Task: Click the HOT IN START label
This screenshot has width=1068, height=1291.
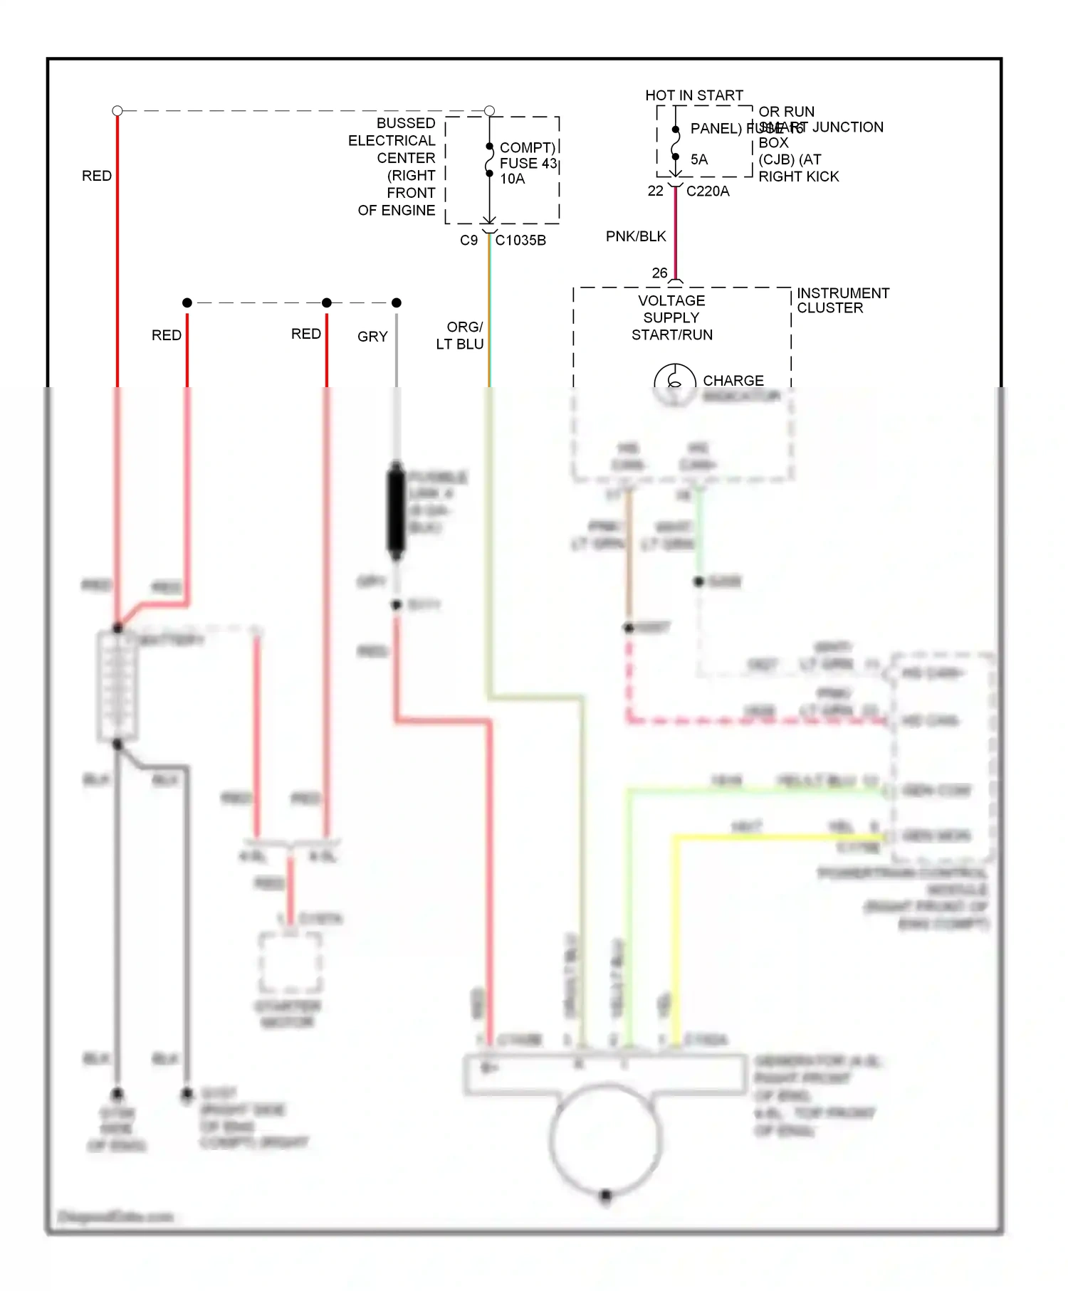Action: point(693,95)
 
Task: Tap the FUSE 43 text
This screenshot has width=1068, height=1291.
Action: point(528,163)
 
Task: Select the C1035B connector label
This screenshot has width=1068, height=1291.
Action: point(520,241)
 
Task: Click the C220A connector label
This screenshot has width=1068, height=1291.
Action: point(707,191)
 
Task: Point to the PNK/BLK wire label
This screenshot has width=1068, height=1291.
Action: point(635,236)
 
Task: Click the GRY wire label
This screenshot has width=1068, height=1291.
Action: point(372,337)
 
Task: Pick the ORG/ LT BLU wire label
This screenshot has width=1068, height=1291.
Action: point(461,335)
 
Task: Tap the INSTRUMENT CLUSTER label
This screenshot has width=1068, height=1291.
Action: point(842,300)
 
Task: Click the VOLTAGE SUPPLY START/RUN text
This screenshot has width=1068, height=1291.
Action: point(671,317)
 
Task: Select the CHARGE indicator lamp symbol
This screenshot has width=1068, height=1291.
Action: point(674,383)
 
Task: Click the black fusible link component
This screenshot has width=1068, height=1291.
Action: point(396,510)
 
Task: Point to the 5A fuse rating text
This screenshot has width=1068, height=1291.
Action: point(699,159)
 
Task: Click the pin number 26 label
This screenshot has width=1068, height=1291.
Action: point(659,273)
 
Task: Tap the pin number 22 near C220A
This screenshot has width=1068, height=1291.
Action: point(655,191)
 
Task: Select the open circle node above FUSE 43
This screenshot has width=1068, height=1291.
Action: point(489,110)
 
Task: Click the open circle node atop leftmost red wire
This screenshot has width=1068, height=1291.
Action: point(117,110)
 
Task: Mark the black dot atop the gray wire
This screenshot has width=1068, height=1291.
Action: point(397,302)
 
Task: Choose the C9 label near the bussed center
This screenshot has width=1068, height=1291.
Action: point(468,241)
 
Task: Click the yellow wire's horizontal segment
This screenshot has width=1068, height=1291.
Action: point(776,837)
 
